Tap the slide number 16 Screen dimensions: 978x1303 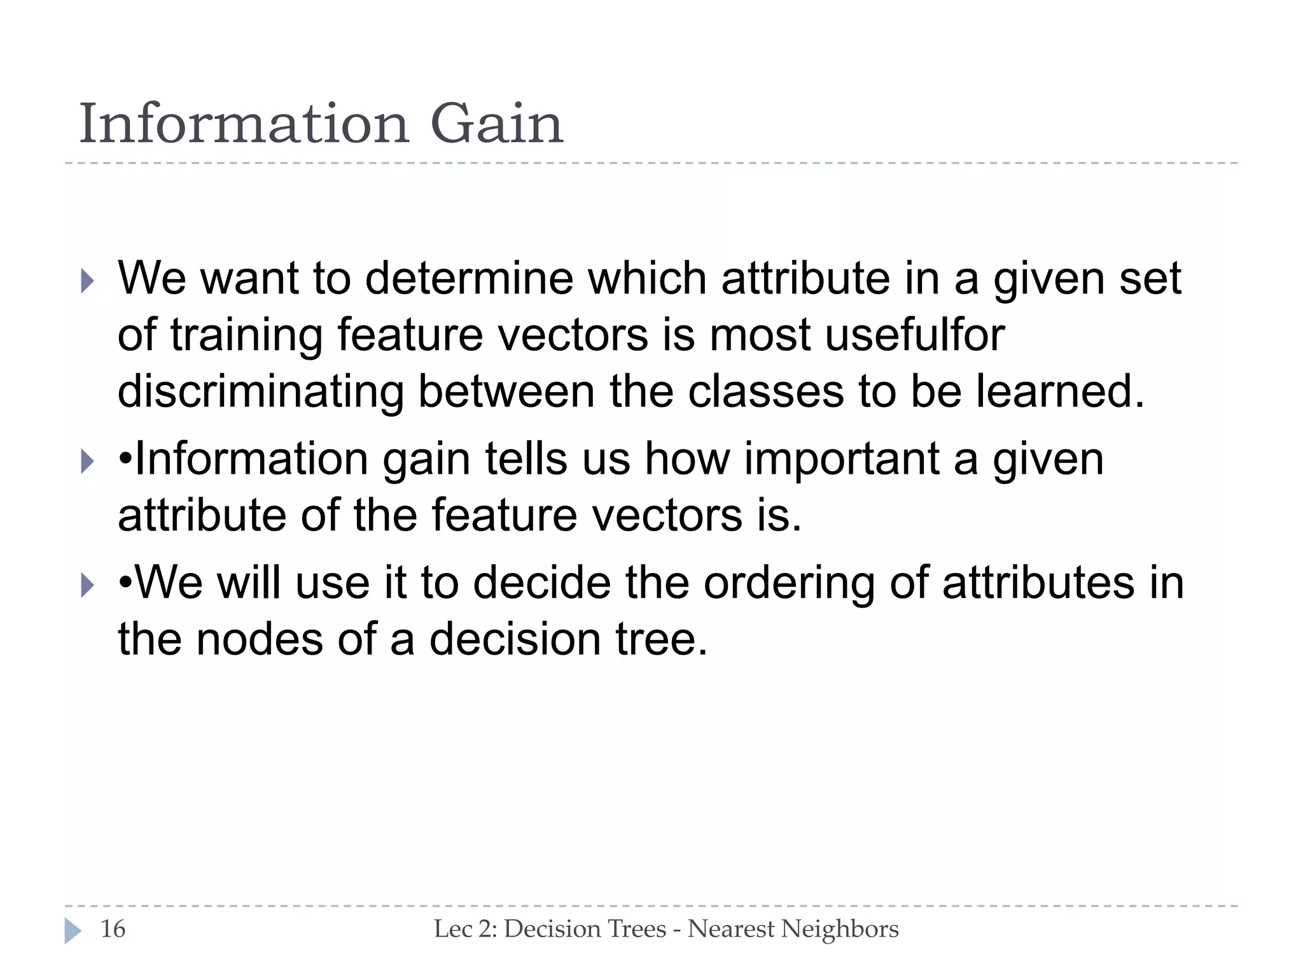pyautogui.click(x=113, y=929)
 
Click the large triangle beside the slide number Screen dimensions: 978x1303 pyautogui.click(x=73, y=931)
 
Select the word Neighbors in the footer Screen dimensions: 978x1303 pyautogui.click(x=840, y=929)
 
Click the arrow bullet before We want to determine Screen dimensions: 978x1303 pyautogui.click(x=88, y=281)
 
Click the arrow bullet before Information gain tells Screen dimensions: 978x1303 pyautogui.click(x=88, y=461)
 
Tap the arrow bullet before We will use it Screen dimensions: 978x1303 pyautogui.click(x=88, y=585)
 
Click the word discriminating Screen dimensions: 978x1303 pyautogui.click(x=261, y=392)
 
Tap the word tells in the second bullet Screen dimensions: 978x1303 pyautogui.click(x=526, y=460)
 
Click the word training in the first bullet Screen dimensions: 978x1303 pyautogui.click(x=246, y=336)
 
